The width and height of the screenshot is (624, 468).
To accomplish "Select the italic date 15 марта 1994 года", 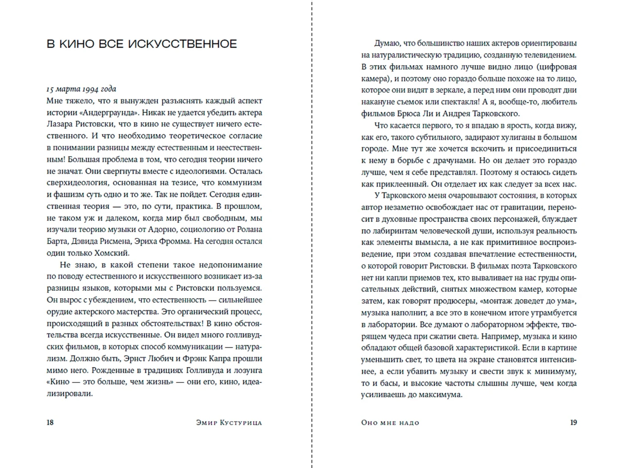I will coord(81,89).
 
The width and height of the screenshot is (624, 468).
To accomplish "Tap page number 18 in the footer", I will coord(50,422).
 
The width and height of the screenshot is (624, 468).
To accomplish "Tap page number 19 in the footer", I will coord(573,422).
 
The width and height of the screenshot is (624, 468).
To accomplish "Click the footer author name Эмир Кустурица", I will coord(229,423).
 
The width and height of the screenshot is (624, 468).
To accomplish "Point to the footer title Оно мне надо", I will coord(390,423).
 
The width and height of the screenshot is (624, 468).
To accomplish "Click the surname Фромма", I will coord(175,241).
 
